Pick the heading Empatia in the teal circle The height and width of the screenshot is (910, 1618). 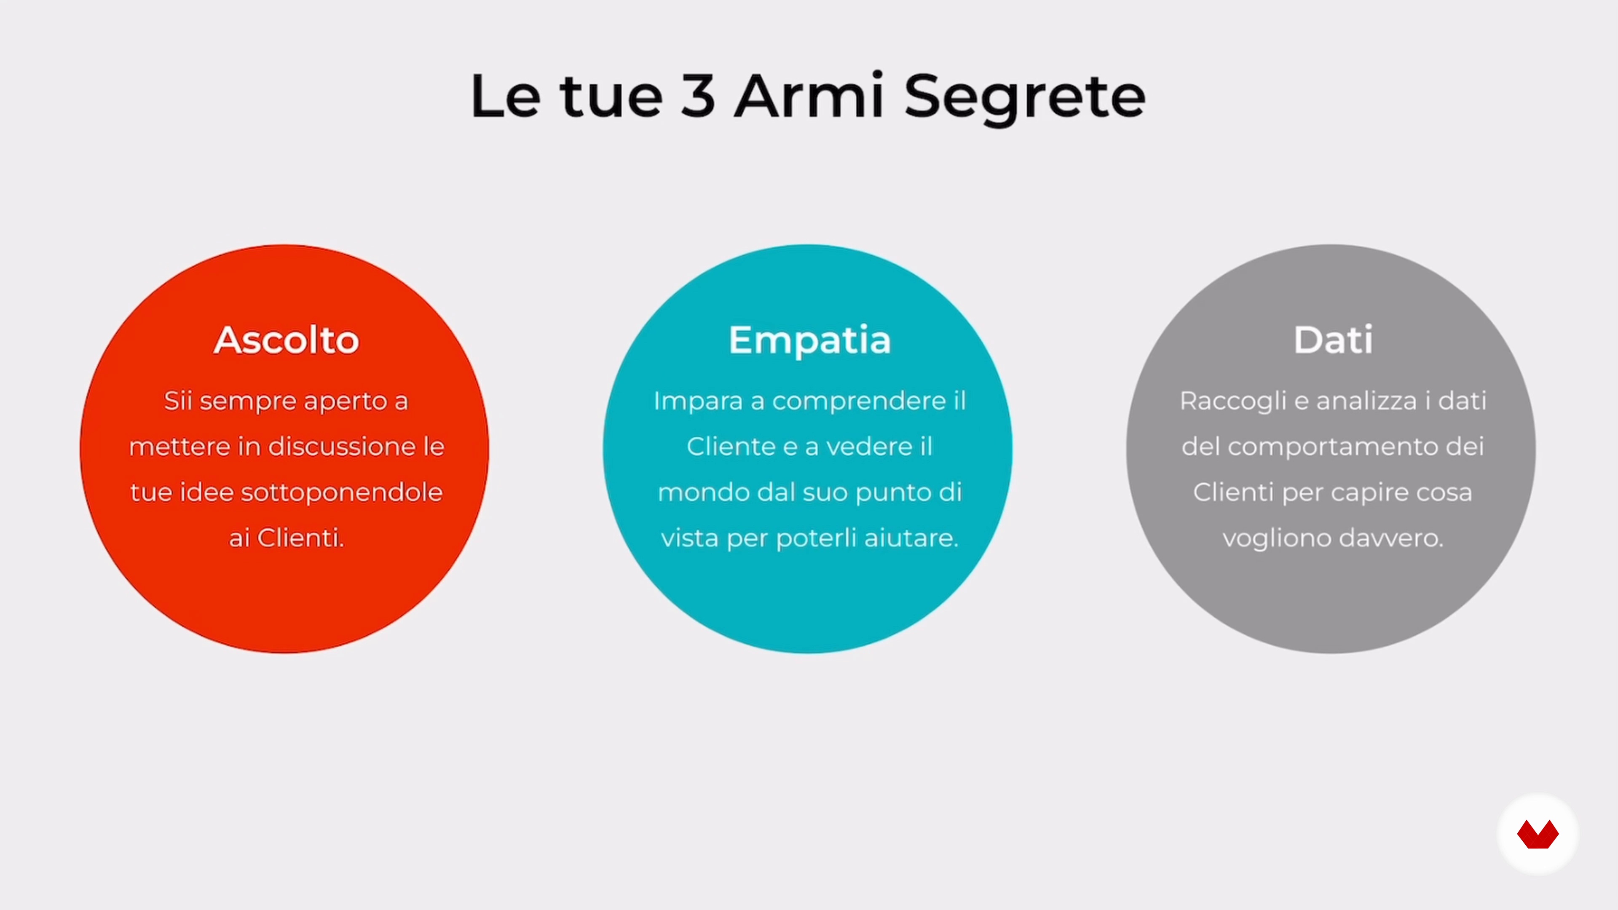click(x=809, y=341)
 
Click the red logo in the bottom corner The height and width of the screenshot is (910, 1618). click(x=1538, y=834)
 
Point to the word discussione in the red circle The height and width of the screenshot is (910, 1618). click(x=342, y=447)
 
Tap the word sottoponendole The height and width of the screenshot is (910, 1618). click(x=342, y=492)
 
